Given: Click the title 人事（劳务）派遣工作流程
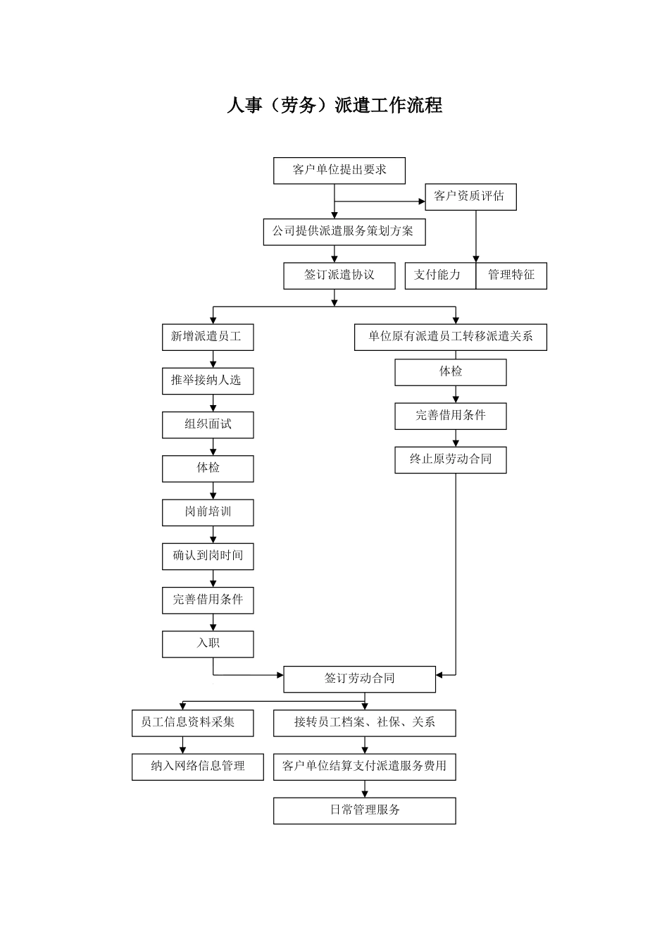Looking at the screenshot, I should click(x=334, y=106).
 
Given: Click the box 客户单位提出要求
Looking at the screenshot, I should click(x=339, y=171).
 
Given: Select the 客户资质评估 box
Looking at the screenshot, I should click(x=470, y=197).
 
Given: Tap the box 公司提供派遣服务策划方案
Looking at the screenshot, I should click(x=344, y=232).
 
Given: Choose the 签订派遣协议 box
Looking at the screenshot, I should click(x=339, y=276).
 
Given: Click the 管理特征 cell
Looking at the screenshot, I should click(x=511, y=276).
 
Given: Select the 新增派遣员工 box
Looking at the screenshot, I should click(x=208, y=338).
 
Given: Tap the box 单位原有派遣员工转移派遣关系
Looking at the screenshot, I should click(x=451, y=338).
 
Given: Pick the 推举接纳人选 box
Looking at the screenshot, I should click(x=208, y=381).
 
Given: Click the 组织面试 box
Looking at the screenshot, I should click(x=208, y=425).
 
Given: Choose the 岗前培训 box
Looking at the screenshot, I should click(x=208, y=512).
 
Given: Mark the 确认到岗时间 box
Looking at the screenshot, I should click(x=208, y=556).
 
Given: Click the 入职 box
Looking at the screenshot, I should click(x=208, y=644).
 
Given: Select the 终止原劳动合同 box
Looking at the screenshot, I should click(x=451, y=459).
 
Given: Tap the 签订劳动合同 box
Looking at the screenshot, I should click(x=359, y=679).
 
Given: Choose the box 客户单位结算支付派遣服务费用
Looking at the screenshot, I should click(x=365, y=767).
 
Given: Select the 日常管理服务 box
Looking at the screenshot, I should click(x=365, y=810).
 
